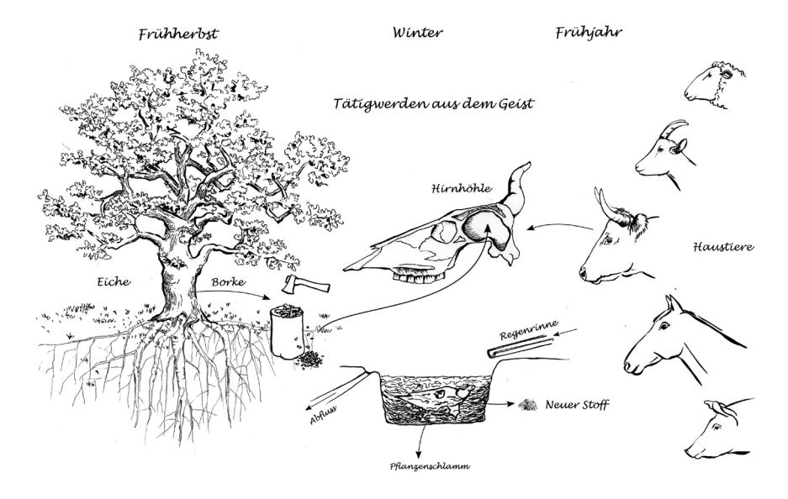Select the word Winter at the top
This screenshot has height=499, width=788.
417,34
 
